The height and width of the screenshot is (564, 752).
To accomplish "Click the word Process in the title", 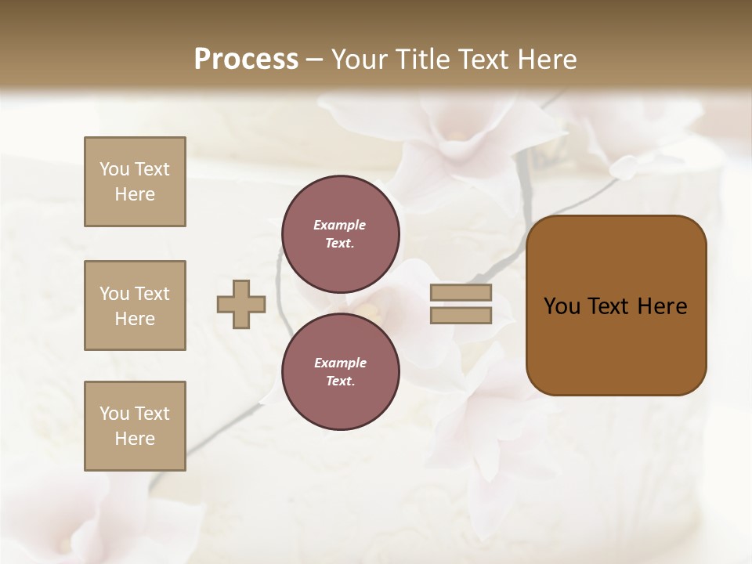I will pyautogui.click(x=246, y=60).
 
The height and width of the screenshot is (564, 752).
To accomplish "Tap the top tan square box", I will pyautogui.click(x=135, y=182).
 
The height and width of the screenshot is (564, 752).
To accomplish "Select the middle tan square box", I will pyautogui.click(x=135, y=305).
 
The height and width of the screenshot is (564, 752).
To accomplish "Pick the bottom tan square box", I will pyautogui.click(x=135, y=426).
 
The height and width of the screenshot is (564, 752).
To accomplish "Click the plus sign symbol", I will pyautogui.click(x=241, y=304).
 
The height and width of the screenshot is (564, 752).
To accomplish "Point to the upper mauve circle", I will pyautogui.click(x=341, y=234).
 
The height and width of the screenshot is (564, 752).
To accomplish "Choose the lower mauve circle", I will pyautogui.click(x=341, y=371).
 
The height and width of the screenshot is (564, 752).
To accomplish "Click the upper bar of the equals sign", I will pyautogui.click(x=461, y=292).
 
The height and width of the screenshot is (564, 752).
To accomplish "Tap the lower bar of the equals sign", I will pyautogui.click(x=461, y=315).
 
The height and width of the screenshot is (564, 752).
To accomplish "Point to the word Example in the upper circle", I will pyautogui.click(x=339, y=225).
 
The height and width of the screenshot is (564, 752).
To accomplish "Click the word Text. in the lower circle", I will pyautogui.click(x=340, y=381).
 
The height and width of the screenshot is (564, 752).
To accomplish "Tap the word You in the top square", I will pyautogui.click(x=114, y=169).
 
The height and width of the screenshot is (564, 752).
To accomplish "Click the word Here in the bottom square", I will pyautogui.click(x=135, y=439).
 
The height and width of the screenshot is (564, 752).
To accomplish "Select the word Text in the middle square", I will pyautogui.click(x=152, y=294).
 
